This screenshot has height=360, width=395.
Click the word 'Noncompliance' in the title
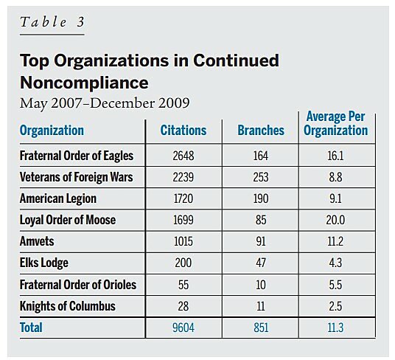[x=84, y=80]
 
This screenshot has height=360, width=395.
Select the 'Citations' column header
[x=183, y=131]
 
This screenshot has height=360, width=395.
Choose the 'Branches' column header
[x=260, y=131]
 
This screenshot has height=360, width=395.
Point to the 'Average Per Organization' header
[x=335, y=124]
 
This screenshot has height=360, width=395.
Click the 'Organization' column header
[x=52, y=131]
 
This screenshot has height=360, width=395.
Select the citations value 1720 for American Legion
[x=183, y=199]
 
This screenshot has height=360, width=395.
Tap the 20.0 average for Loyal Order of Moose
[x=335, y=221]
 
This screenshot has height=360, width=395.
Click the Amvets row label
[x=38, y=242]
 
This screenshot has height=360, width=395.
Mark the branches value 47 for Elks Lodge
[x=260, y=263]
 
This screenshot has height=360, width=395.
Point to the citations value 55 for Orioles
[x=183, y=285]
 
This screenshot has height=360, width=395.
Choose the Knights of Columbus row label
[x=67, y=306]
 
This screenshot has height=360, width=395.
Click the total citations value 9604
[x=183, y=328]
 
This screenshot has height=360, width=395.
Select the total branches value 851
[x=260, y=328]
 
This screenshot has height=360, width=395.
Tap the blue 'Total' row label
[x=32, y=328]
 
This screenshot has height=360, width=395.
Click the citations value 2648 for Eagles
[x=183, y=156]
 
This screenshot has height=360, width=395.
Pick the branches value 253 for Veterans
[x=260, y=178]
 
